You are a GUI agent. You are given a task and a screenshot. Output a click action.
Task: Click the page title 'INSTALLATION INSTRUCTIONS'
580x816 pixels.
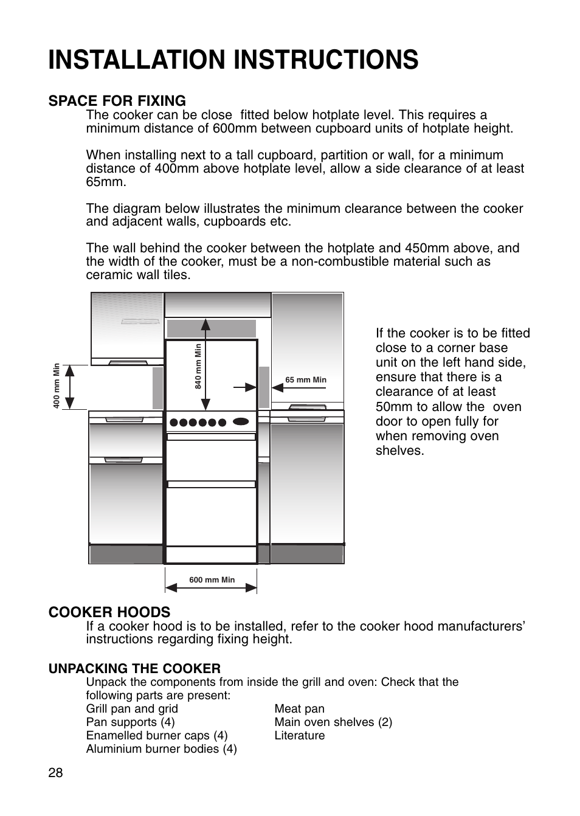[233, 60]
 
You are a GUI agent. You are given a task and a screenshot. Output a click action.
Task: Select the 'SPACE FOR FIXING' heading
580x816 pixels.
[117, 101]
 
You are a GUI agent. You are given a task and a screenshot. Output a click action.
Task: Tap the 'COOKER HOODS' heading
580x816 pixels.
[109, 612]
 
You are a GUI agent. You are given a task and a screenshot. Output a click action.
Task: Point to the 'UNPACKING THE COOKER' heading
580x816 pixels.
[134, 668]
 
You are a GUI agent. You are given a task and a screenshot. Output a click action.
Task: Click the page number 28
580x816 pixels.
[55, 773]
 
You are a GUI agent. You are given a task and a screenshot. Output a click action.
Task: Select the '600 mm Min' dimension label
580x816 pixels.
[212, 579]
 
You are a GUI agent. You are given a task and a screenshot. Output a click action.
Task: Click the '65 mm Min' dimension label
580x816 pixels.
[306, 380]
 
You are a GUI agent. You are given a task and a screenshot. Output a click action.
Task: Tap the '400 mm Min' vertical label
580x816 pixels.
[57, 386]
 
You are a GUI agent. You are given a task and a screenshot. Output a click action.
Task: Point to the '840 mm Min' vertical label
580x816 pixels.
[198, 366]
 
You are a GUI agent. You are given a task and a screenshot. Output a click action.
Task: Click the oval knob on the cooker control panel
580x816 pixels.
[241, 421]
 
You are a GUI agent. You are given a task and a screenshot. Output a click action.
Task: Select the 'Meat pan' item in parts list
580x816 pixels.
[299, 708]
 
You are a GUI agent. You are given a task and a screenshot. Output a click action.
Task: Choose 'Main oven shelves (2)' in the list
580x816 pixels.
[333, 722]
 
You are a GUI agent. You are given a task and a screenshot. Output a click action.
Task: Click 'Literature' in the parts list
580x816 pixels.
[299, 735]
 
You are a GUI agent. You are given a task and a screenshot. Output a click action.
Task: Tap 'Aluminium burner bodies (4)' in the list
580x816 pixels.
[161, 749]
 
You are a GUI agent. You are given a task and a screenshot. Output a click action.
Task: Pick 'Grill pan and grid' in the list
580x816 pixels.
[132, 708]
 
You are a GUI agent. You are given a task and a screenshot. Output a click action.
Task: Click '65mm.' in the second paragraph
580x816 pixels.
[106, 182]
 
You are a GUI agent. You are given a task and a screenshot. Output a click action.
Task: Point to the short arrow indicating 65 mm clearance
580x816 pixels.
[246, 387]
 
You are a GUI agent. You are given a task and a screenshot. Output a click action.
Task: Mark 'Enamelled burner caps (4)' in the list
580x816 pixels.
[157, 735]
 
